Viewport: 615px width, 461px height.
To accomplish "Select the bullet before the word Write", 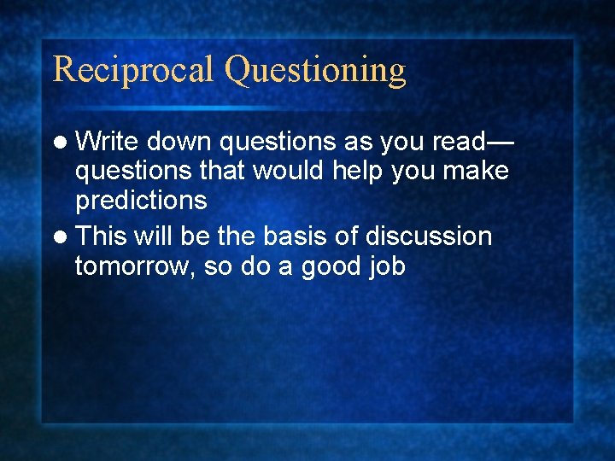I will click(x=63, y=141).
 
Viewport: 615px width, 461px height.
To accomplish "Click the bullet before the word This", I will click(x=63, y=236).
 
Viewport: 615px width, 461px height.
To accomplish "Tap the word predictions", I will click(x=141, y=201).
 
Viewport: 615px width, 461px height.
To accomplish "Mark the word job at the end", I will click(x=388, y=267).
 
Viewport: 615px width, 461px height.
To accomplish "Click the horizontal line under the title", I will click(x=226, y=108).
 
